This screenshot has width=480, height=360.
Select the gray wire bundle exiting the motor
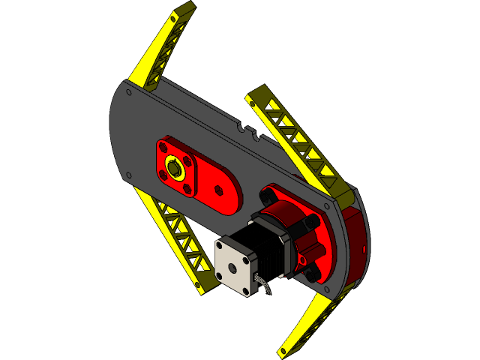(262, 286)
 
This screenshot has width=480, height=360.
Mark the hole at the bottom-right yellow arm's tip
(283, 350)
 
